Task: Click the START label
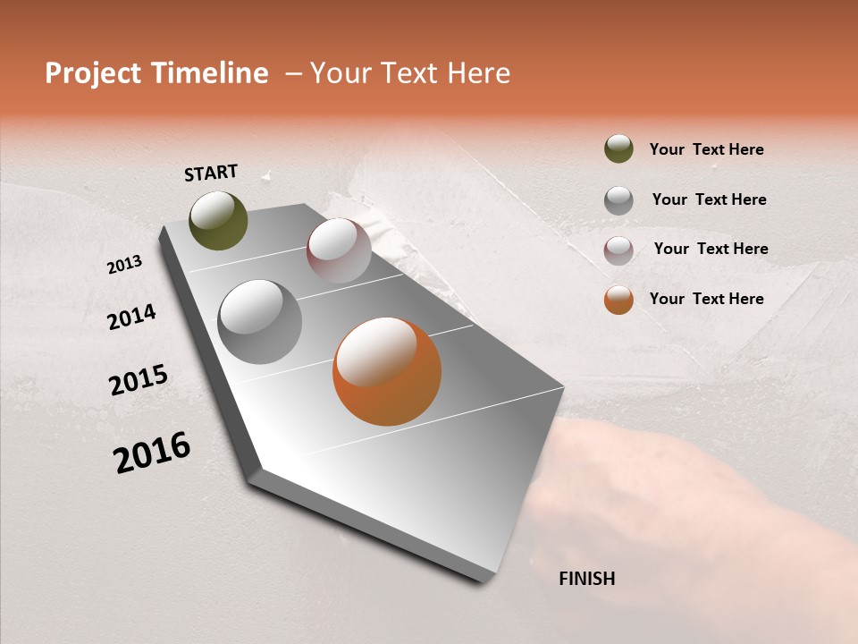211,173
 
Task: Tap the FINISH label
586,579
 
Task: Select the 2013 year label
125,265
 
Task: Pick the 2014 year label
131,317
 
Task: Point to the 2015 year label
139,380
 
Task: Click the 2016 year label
152,453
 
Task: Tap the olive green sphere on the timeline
218,220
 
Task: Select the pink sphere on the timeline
339,250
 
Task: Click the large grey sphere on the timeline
259,322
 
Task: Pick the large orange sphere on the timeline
387,371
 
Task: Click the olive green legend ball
618,148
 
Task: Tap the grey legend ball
618,199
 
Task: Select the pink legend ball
618,250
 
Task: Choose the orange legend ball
618,300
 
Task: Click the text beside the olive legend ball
706,149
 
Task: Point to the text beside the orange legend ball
706,299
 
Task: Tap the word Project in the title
94,73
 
